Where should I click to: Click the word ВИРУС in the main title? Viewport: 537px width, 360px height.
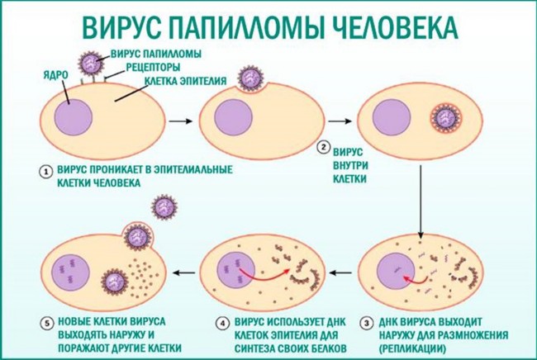click(x=121, y=26)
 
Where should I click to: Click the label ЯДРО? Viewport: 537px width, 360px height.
click(x=56, y=75)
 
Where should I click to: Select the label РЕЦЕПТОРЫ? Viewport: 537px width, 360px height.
click(x=153, y=67)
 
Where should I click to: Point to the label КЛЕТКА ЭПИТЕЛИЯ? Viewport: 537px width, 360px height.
click(x=186, y=81)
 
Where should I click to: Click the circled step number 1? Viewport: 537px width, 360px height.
click(x=46, y=172)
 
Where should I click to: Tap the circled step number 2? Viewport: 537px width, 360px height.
click(x=322, y=148)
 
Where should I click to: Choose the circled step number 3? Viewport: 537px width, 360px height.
click(x=367, y=324)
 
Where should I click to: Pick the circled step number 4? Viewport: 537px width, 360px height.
click(x=222, y=324)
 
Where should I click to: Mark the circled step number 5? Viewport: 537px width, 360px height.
click(x=46, y=324)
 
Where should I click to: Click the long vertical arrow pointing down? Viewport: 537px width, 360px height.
click(x=421, y=201)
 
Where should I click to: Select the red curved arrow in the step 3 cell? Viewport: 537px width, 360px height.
click(x=416, y=280)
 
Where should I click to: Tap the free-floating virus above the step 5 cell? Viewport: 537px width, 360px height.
click(x=164, y=207)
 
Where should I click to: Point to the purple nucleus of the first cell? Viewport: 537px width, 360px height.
click(x=74, y=117)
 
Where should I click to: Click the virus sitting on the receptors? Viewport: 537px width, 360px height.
click(x=91, y=63)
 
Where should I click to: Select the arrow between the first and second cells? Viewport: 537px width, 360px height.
click(x=181, y=121)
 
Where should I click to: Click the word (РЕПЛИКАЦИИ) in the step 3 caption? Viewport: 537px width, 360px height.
click(x=412, y=348)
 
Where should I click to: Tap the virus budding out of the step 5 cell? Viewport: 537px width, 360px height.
click(x=138, y=237)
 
